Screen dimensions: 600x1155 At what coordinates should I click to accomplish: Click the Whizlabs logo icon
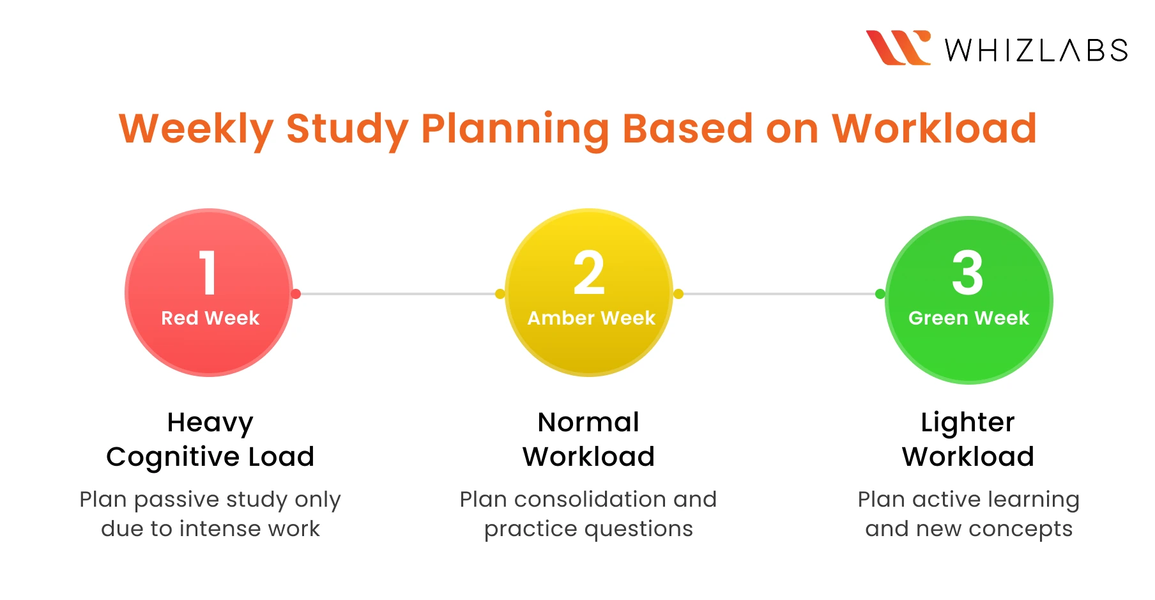[898, 48]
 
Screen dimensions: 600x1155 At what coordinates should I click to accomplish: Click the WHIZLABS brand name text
[1036, 50]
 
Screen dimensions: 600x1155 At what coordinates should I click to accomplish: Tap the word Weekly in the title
[196, 129]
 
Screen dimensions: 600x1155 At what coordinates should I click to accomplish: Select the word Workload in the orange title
[934, 129]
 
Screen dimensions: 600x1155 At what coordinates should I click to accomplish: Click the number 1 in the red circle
[208, 273]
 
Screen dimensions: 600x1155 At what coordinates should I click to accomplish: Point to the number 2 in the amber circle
[588, 273]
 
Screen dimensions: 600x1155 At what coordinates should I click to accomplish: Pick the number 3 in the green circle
[967, 273]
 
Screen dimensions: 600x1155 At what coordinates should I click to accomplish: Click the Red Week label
[210, 318]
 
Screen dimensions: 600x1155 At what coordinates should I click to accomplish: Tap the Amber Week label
[591, 318]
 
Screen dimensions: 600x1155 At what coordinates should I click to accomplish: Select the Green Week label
[968, 318]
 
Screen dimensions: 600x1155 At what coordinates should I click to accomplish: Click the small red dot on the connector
[296, 294]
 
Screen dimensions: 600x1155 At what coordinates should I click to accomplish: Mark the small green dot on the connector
[880, 294]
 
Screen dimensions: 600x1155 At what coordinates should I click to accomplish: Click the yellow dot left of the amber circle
[500, 294]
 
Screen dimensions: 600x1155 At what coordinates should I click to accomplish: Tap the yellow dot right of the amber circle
[678, 294]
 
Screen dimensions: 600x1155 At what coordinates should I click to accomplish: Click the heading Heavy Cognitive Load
[210, 440]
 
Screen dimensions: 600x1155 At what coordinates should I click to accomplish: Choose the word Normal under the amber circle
[588, 422]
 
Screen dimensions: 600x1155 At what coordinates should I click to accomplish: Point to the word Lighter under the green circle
[967, 423]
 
